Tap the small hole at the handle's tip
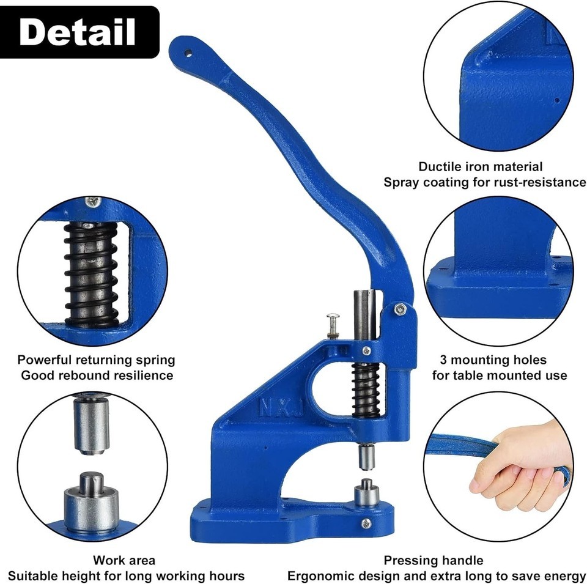[x=188, y=53]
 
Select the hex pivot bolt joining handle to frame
[x=400, y=309]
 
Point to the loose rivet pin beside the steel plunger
[x=333, y=325]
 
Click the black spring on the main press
[x=366, y=390]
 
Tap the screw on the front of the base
[x=366, y=523]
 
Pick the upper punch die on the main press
[x=366, y=457]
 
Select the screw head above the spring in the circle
[x=93, y=202]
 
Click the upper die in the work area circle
[x=91, y=425]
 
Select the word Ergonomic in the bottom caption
[x=319, y=576]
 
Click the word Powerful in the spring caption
[x=45, y=360]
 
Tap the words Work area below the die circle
[x=124, y=560]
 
